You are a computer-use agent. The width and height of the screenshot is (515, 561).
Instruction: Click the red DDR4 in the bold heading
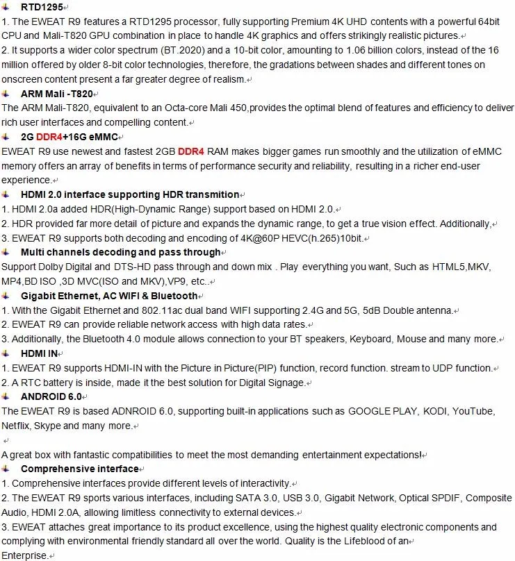[49, 137]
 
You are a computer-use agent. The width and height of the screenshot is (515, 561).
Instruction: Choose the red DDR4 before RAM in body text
[191, 151]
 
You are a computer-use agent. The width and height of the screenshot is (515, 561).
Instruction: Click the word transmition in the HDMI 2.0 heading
[209, 194]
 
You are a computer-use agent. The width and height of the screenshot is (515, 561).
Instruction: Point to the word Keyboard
[370, 340]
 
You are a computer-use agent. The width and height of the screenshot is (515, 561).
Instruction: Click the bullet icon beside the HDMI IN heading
[6, 353]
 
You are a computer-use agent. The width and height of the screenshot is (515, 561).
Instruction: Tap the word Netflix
[17, 426]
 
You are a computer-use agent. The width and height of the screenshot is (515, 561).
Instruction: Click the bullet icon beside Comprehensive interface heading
[6, 469]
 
